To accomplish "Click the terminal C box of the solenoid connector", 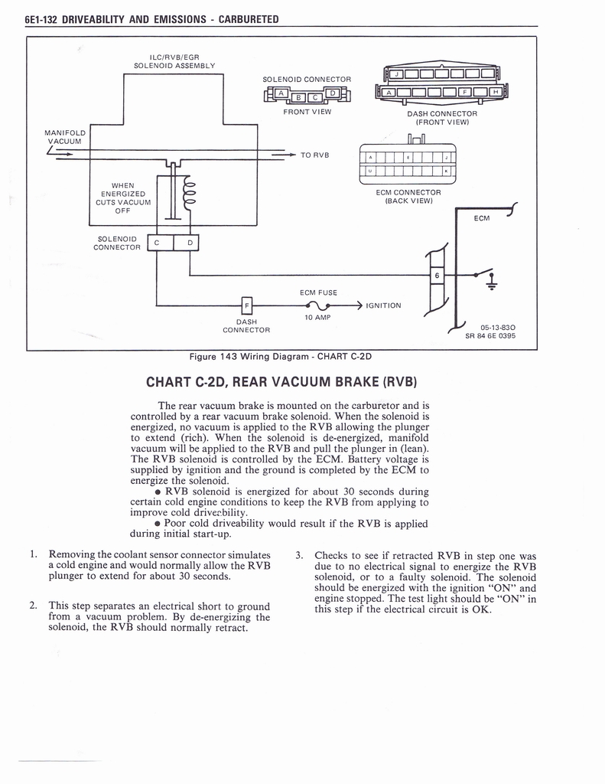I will click(x=156, y=243).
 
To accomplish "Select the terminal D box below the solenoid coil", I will click(x=190, y=243).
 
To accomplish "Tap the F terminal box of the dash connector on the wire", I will click(x=246, y=305).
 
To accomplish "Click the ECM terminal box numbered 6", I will click(x=437, y=275).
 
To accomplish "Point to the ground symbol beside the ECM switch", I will click(x=491, y=281).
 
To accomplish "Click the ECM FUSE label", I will click(x=318, y=292).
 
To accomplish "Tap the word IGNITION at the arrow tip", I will click(x=383, y=305).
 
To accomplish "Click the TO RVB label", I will click(x=314, y=155).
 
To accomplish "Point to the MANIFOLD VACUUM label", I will click(x=65, y=137).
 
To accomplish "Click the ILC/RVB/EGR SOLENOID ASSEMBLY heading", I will click(x=174, y=60).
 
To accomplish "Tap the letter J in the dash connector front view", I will click(x=396, y=74).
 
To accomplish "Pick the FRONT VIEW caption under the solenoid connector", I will click(x=307, y=112).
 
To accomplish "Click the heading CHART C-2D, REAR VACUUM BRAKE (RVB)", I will click(x=280, y=381).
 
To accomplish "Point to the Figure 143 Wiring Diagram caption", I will click(x=280, y=356).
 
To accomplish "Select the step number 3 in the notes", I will click(x=298, y=555).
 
